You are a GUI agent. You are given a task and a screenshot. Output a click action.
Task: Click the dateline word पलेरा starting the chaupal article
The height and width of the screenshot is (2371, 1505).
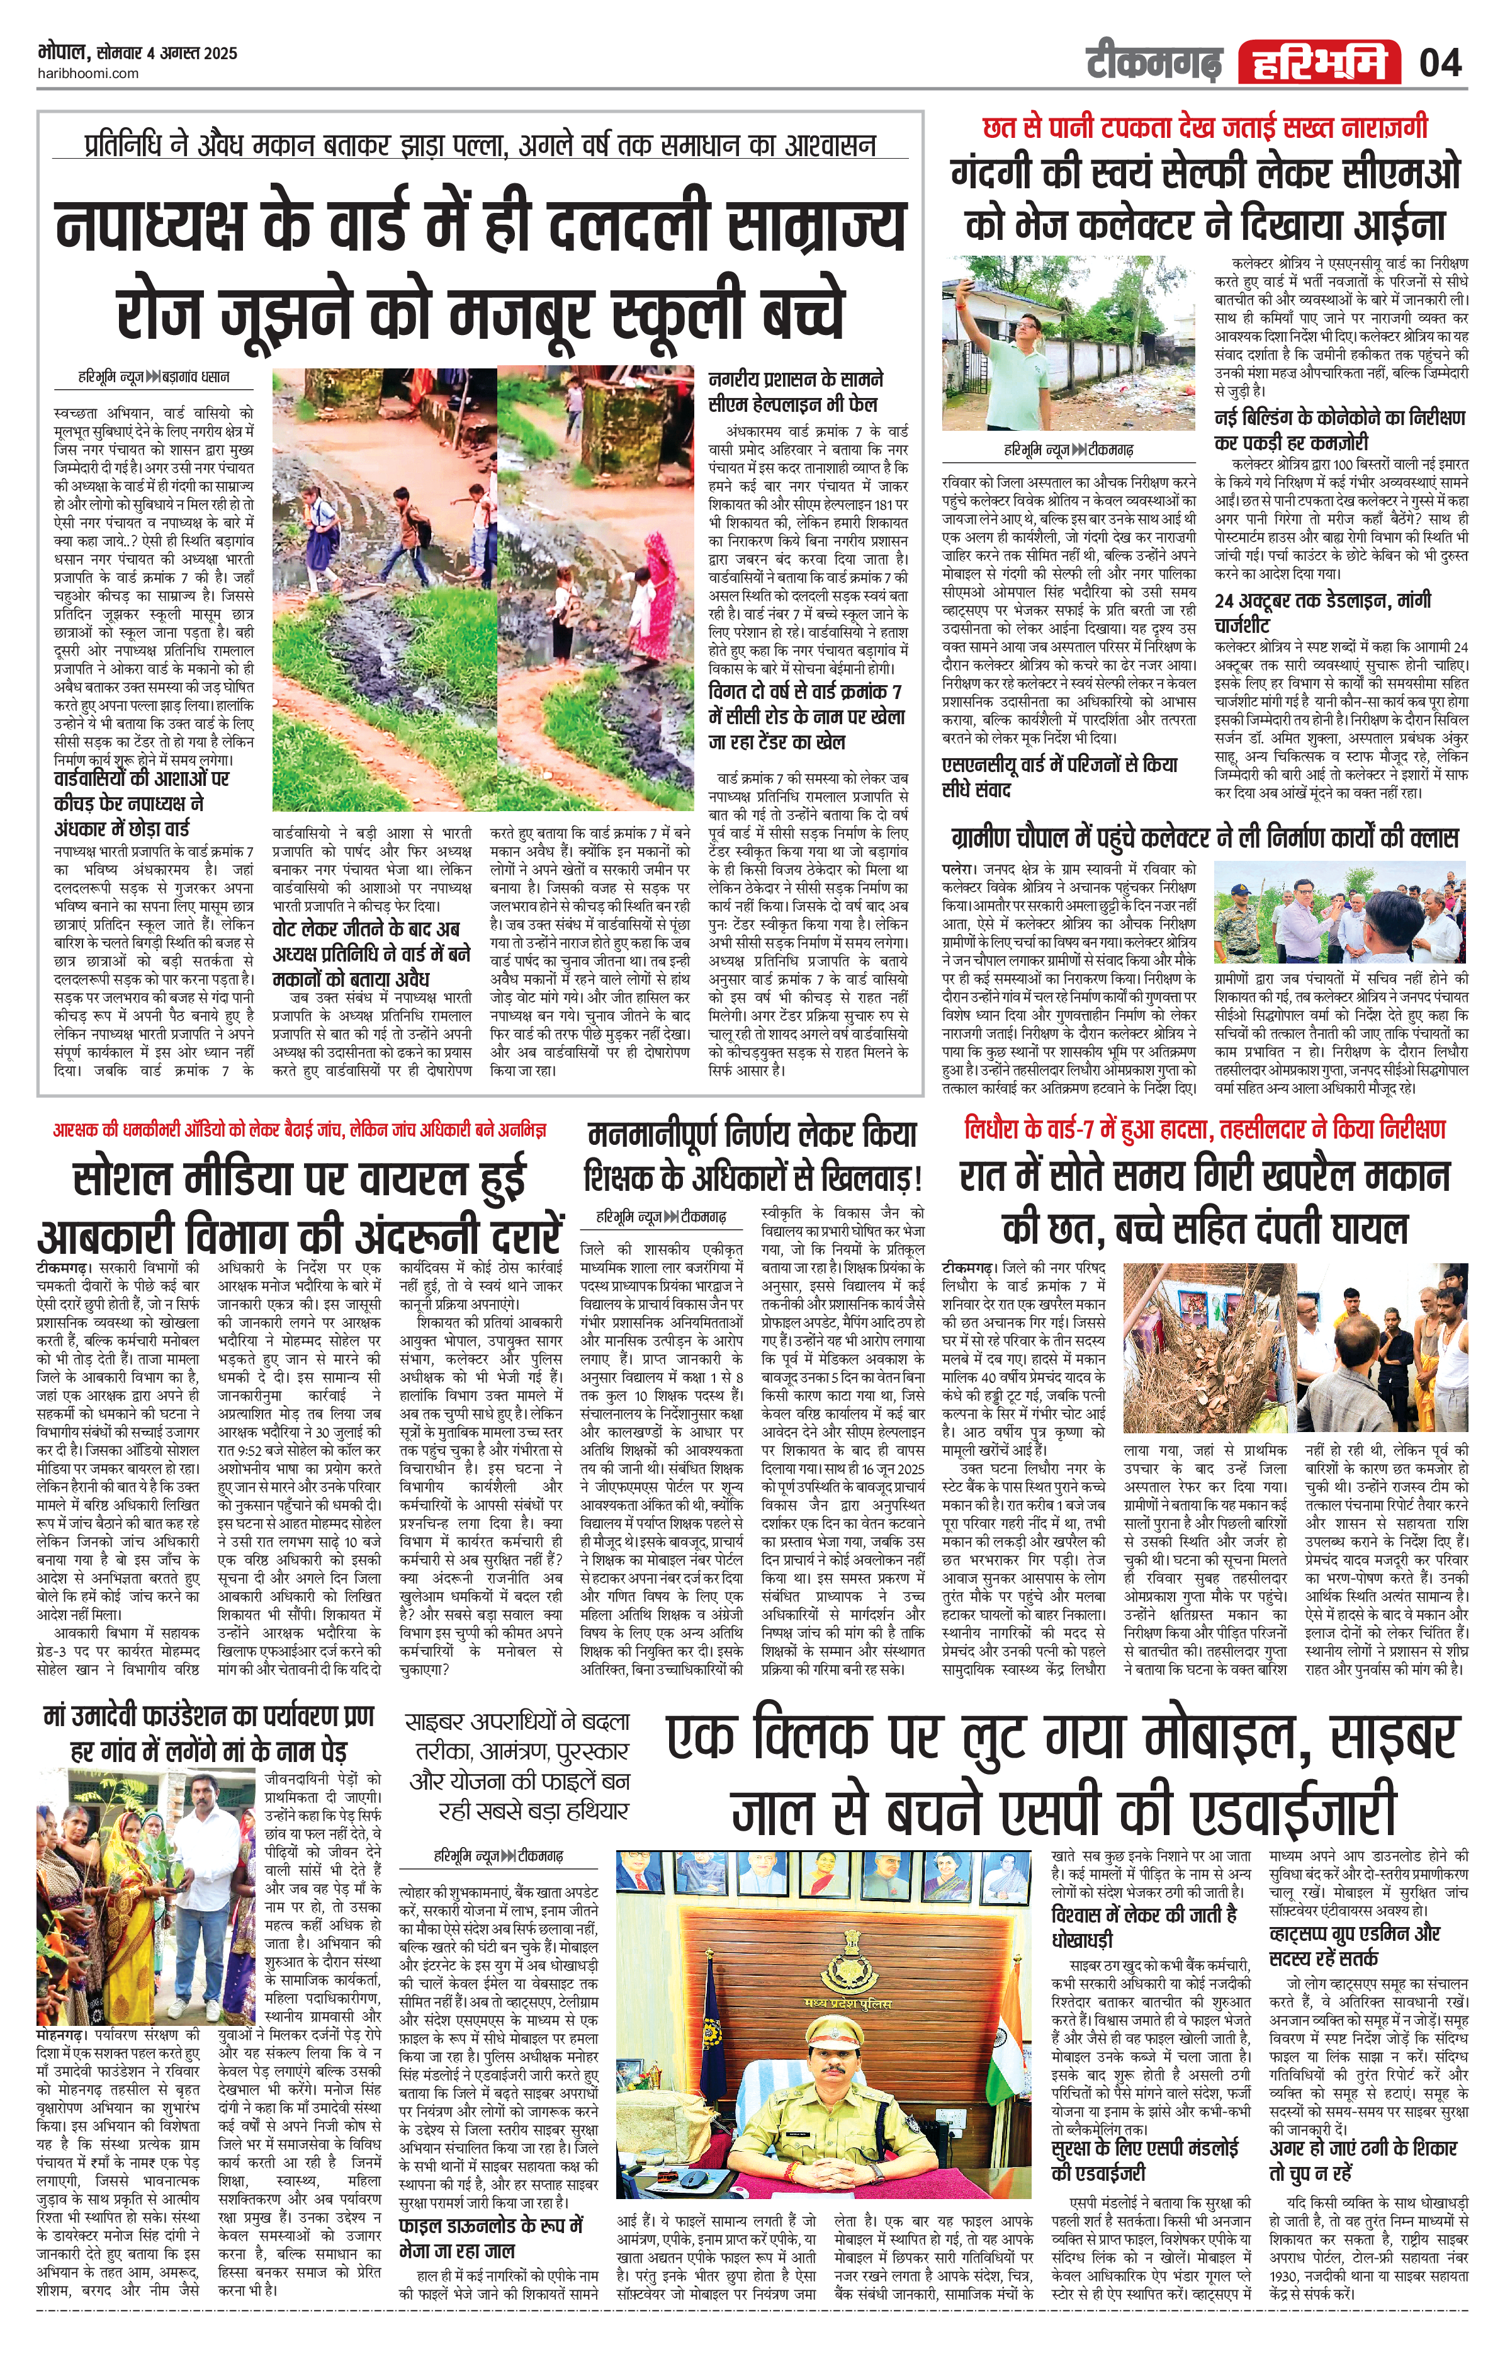point(958,870)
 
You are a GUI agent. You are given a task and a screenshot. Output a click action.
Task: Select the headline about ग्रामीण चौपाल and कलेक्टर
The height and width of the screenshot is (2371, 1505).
point(1203,838)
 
